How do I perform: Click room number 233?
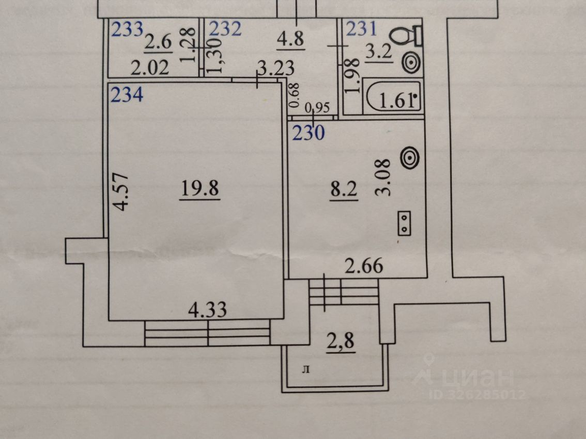coord(127,30)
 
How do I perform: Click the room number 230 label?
coord(309,134)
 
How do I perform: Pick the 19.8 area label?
coord(201,190)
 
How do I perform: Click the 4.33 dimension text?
coord(208,311)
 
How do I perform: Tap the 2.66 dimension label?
coord(364,267)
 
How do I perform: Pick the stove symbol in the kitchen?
coord(404,224)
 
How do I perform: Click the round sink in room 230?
coord(410,158)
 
